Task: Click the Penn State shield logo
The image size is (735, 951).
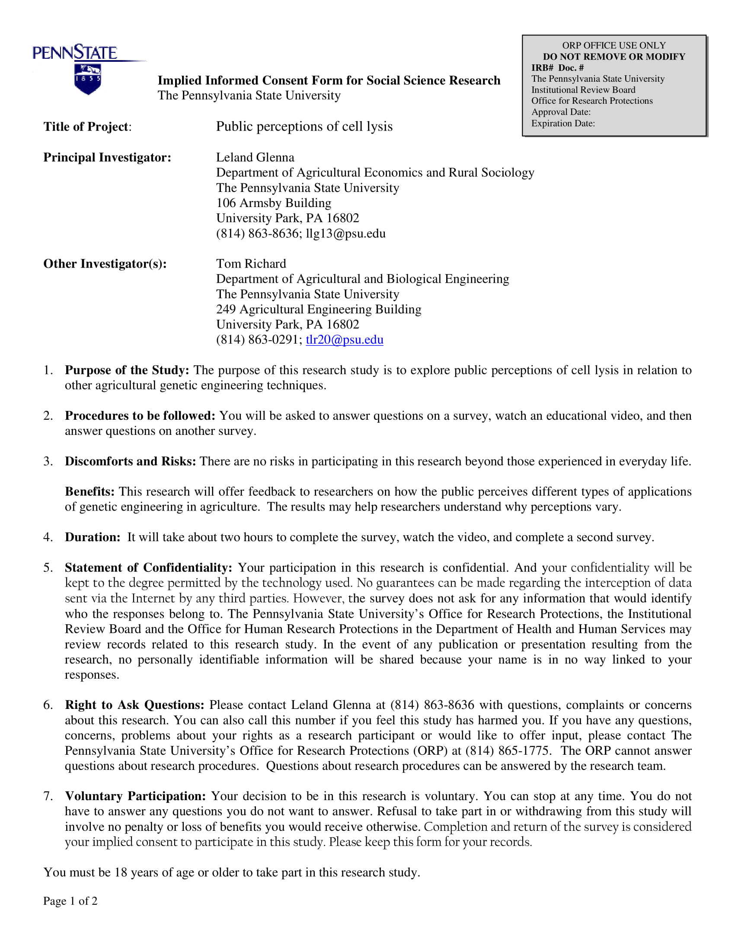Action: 87,79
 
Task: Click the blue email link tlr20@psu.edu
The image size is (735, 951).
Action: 345,340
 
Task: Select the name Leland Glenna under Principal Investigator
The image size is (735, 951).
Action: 255,157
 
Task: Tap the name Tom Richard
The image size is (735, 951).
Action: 251,263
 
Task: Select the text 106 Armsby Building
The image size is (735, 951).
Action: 273,203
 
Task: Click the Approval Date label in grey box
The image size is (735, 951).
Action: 561,112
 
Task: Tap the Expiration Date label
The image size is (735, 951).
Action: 562,123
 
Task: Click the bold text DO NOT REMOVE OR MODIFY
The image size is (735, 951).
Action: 614,57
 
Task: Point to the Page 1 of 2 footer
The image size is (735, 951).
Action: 70,901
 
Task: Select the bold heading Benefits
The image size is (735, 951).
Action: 89,491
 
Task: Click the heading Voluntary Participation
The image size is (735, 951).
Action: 135,796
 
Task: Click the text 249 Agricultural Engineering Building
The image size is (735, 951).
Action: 319,309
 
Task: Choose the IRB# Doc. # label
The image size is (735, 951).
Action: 557,67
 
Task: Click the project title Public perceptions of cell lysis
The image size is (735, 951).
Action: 304,126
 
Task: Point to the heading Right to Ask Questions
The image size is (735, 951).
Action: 134,705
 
